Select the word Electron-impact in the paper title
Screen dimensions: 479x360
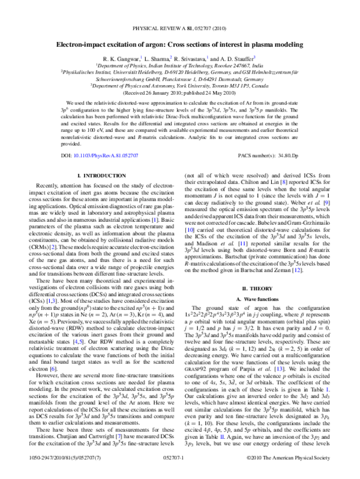pyautogui.click(x=83, y=44)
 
